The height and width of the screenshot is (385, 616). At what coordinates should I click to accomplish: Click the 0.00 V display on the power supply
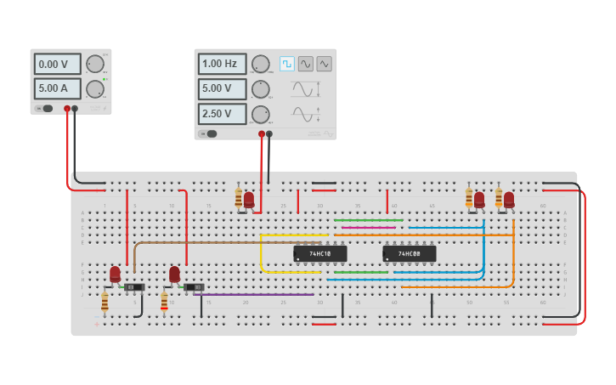[57, 64]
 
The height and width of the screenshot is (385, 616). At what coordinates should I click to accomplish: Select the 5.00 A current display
[57, 88]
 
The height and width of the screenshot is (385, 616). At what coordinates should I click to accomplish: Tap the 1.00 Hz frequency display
[222, 64]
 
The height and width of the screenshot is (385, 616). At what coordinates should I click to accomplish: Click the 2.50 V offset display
[222, 114]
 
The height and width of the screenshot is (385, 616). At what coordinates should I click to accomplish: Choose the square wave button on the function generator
[287, 64]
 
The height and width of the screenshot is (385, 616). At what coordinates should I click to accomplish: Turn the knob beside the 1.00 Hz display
[261, 64]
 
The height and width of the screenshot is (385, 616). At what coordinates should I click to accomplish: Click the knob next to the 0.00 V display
[95, 64]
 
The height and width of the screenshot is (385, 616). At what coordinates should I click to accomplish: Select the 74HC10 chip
[320, 253]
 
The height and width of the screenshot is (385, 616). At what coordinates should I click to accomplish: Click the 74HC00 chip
[409, 253]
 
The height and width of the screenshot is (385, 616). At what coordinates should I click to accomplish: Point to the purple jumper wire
[255, 294]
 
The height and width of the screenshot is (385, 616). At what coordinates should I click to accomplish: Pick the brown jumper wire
[212, 242]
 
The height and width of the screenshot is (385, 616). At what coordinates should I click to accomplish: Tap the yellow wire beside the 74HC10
[262, 255]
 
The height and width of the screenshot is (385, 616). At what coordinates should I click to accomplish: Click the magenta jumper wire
[367, 227]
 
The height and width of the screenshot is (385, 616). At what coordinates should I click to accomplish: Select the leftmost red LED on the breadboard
[115, 274]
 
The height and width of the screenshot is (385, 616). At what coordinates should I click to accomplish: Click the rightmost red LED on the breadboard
[509, 200]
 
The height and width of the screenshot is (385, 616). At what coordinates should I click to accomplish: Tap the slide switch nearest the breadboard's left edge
[133, 287]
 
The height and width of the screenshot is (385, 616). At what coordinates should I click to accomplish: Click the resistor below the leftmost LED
[105, 302]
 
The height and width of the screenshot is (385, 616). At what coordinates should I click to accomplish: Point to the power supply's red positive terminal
[67, 109]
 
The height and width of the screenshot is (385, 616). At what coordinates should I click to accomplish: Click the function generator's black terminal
[269, 133]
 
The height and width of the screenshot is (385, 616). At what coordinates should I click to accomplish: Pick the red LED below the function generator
[249, 200]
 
